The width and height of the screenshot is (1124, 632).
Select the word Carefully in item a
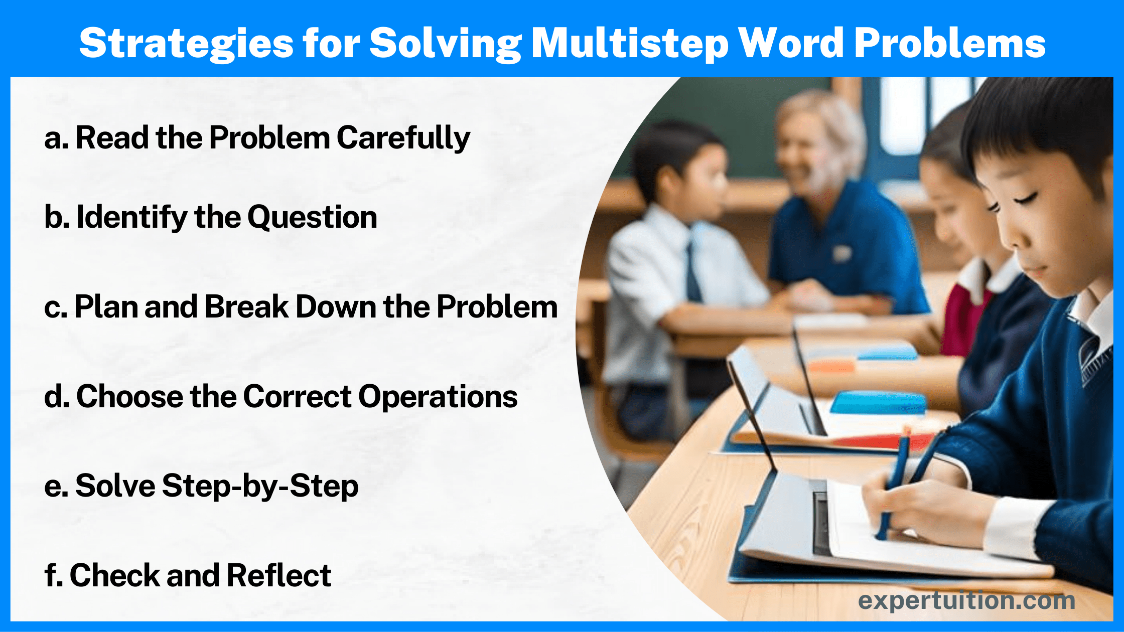tap(403, 138)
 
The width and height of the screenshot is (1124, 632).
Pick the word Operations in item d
tap(438, 397)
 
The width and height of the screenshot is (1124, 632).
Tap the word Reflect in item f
tap(278, 575)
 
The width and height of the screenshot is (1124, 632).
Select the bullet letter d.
tap(57, 397)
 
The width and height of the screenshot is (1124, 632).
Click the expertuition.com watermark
tap(966, 601)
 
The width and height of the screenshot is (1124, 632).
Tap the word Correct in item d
tap(297, 397)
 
